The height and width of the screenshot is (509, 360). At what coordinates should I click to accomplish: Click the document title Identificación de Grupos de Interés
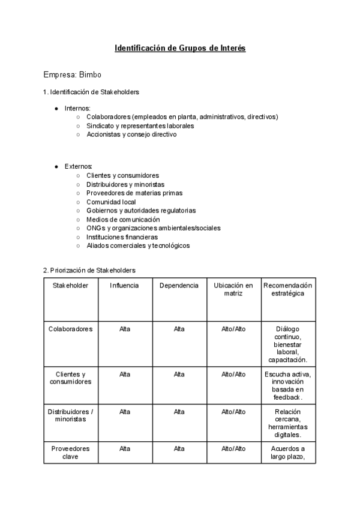click(180, 48)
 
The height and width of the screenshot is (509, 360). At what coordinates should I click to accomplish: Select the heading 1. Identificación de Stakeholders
click(91, 92)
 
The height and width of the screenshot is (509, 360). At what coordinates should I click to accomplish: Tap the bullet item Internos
click(77, 108)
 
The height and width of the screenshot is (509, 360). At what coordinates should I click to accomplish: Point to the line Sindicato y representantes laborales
click(140, 126)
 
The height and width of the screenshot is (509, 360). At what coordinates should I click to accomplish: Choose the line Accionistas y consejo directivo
click(131, 134)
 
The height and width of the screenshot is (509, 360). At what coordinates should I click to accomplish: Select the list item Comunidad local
click(111, 202)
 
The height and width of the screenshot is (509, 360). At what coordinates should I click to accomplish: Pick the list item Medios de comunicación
click(123, 219)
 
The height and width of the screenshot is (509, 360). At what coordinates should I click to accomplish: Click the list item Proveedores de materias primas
click(134, 193)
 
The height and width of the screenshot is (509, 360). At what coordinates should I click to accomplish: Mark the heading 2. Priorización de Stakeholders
click(89, 270)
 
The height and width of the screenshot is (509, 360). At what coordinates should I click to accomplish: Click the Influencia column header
click(124, 285)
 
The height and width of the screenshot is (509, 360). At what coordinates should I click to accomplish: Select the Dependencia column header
click(179, 285)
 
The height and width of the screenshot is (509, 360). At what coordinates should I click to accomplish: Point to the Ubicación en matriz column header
click(233, 289)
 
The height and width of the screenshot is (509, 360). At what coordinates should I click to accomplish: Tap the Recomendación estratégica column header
click(288, 289)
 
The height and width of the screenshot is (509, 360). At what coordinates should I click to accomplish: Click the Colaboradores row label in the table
click(70, 329)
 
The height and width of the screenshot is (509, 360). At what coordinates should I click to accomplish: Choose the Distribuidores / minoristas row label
click(70, 415)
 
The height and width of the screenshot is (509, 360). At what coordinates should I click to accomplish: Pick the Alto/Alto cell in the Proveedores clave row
click(233, 448)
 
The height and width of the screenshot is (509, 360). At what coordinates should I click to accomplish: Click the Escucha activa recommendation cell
click(288, 385)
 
